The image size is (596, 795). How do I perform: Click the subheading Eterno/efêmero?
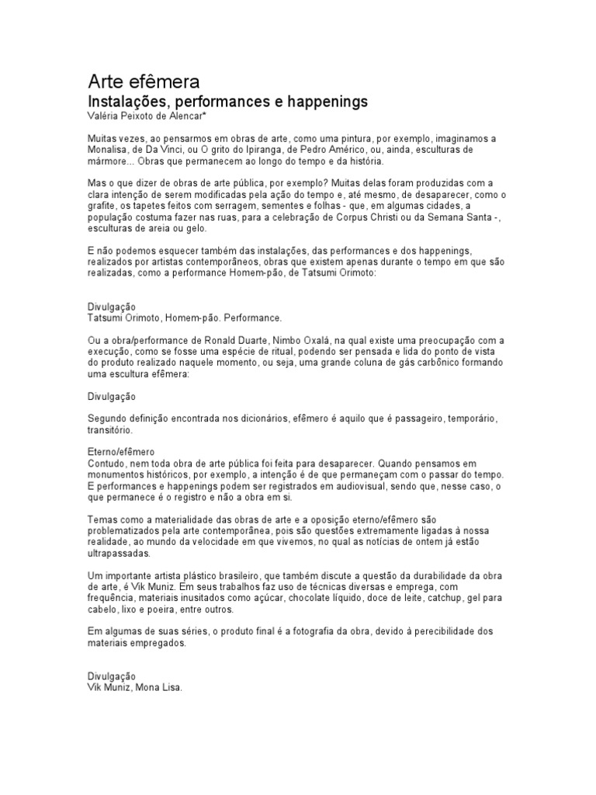pyautogui.click(x=121, y=452)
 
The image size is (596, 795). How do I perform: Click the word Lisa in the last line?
pyautogui.click(x=168, y=688)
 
